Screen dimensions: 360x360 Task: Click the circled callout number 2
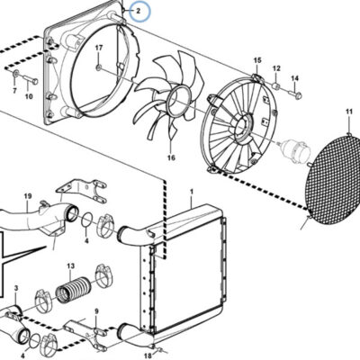(x=138, y=12)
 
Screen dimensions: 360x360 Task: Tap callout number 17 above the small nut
(x=99, y=48)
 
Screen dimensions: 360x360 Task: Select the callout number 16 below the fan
(x=171, y=157)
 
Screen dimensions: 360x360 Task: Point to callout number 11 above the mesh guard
(x=349, y=112)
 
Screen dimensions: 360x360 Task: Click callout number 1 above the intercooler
(x=192, y=191)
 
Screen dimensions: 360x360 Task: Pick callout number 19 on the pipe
(x=28, y=196)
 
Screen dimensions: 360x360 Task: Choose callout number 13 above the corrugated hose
(x=70, y=265)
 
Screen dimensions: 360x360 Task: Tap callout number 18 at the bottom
(x=148, y=355)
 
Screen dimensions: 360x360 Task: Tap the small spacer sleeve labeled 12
(x=276, y=86)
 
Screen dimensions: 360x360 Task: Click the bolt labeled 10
(x=31, y=80)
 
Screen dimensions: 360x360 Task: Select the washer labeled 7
(x=15, y=73)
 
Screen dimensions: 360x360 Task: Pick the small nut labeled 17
(x=99, y=67)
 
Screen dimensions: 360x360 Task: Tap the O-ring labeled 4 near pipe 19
(x=87, y=220)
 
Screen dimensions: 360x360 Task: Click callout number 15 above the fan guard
(x=257, y=60)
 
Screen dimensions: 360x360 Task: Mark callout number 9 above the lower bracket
(x=96, y=311)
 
